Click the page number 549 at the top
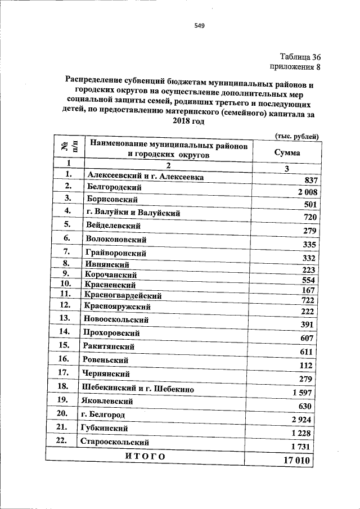pyautogui.click(x=199, y=25)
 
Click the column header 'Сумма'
pyautogui.click(x=287, y=152)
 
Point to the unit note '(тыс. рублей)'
pyautogui.click(x=297, y=136)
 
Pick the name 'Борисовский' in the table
pyautogui.click(x=112, y=199)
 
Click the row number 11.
pyautogui.click(x=65, y=294)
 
